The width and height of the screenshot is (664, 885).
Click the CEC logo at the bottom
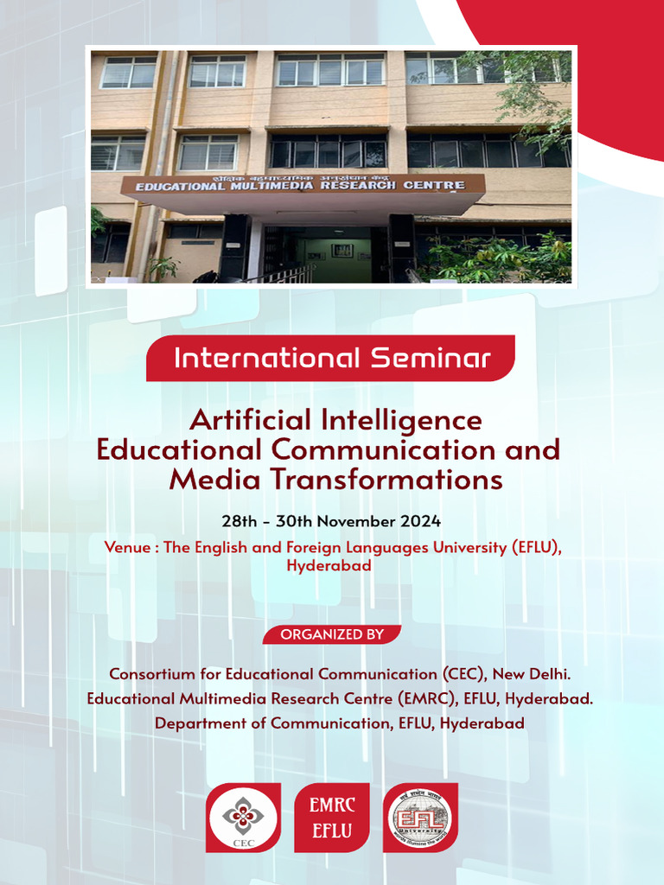(x=243, y=818)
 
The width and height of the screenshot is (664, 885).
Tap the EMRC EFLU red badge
(x=332, y=818)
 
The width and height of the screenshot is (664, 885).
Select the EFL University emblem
(x=420, y=818)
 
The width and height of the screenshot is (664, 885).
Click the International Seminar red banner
(x=331, y=358)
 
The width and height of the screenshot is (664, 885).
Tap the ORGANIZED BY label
(x=331, y=634)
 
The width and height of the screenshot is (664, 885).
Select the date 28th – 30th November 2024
(x=331, y=521)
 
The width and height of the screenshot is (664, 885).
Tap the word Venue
(x=125, y=547)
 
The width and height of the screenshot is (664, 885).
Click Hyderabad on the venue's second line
(x=329, y=566)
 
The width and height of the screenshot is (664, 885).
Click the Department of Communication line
(x=339, y=723)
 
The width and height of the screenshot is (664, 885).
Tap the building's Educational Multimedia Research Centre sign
(x=303, y=183)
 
